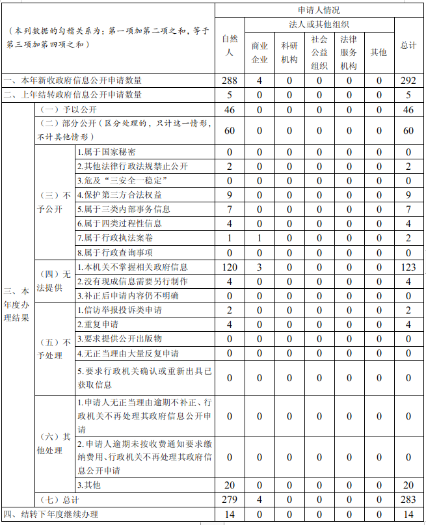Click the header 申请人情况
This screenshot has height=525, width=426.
click(x=319, y=10)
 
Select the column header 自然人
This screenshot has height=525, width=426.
click(x=229, y=46)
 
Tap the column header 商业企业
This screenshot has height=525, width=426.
click(x=260, y=53)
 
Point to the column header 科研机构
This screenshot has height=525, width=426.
click(x=289, y=53)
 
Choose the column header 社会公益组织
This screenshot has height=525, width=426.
click(x=319, y=53)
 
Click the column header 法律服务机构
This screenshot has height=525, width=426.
click(x=349, y=53)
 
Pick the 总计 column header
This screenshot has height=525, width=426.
click(x=408, y=46)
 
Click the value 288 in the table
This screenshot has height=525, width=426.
click(x=229, y=81)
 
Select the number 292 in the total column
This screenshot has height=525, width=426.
click(x=408, y=81)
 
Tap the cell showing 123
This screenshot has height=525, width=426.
click(x=408, y=267)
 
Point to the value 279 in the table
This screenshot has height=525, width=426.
click(x=229, y=500)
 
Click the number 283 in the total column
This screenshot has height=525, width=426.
click(x=408, y=500)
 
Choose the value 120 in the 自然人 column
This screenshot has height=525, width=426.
click(x=229, y=267)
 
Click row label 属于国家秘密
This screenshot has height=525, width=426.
click(x=107, y=152)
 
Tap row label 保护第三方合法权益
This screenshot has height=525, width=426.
click(x=120, y=195)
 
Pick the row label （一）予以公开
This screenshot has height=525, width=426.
click(x=65, y=109)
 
